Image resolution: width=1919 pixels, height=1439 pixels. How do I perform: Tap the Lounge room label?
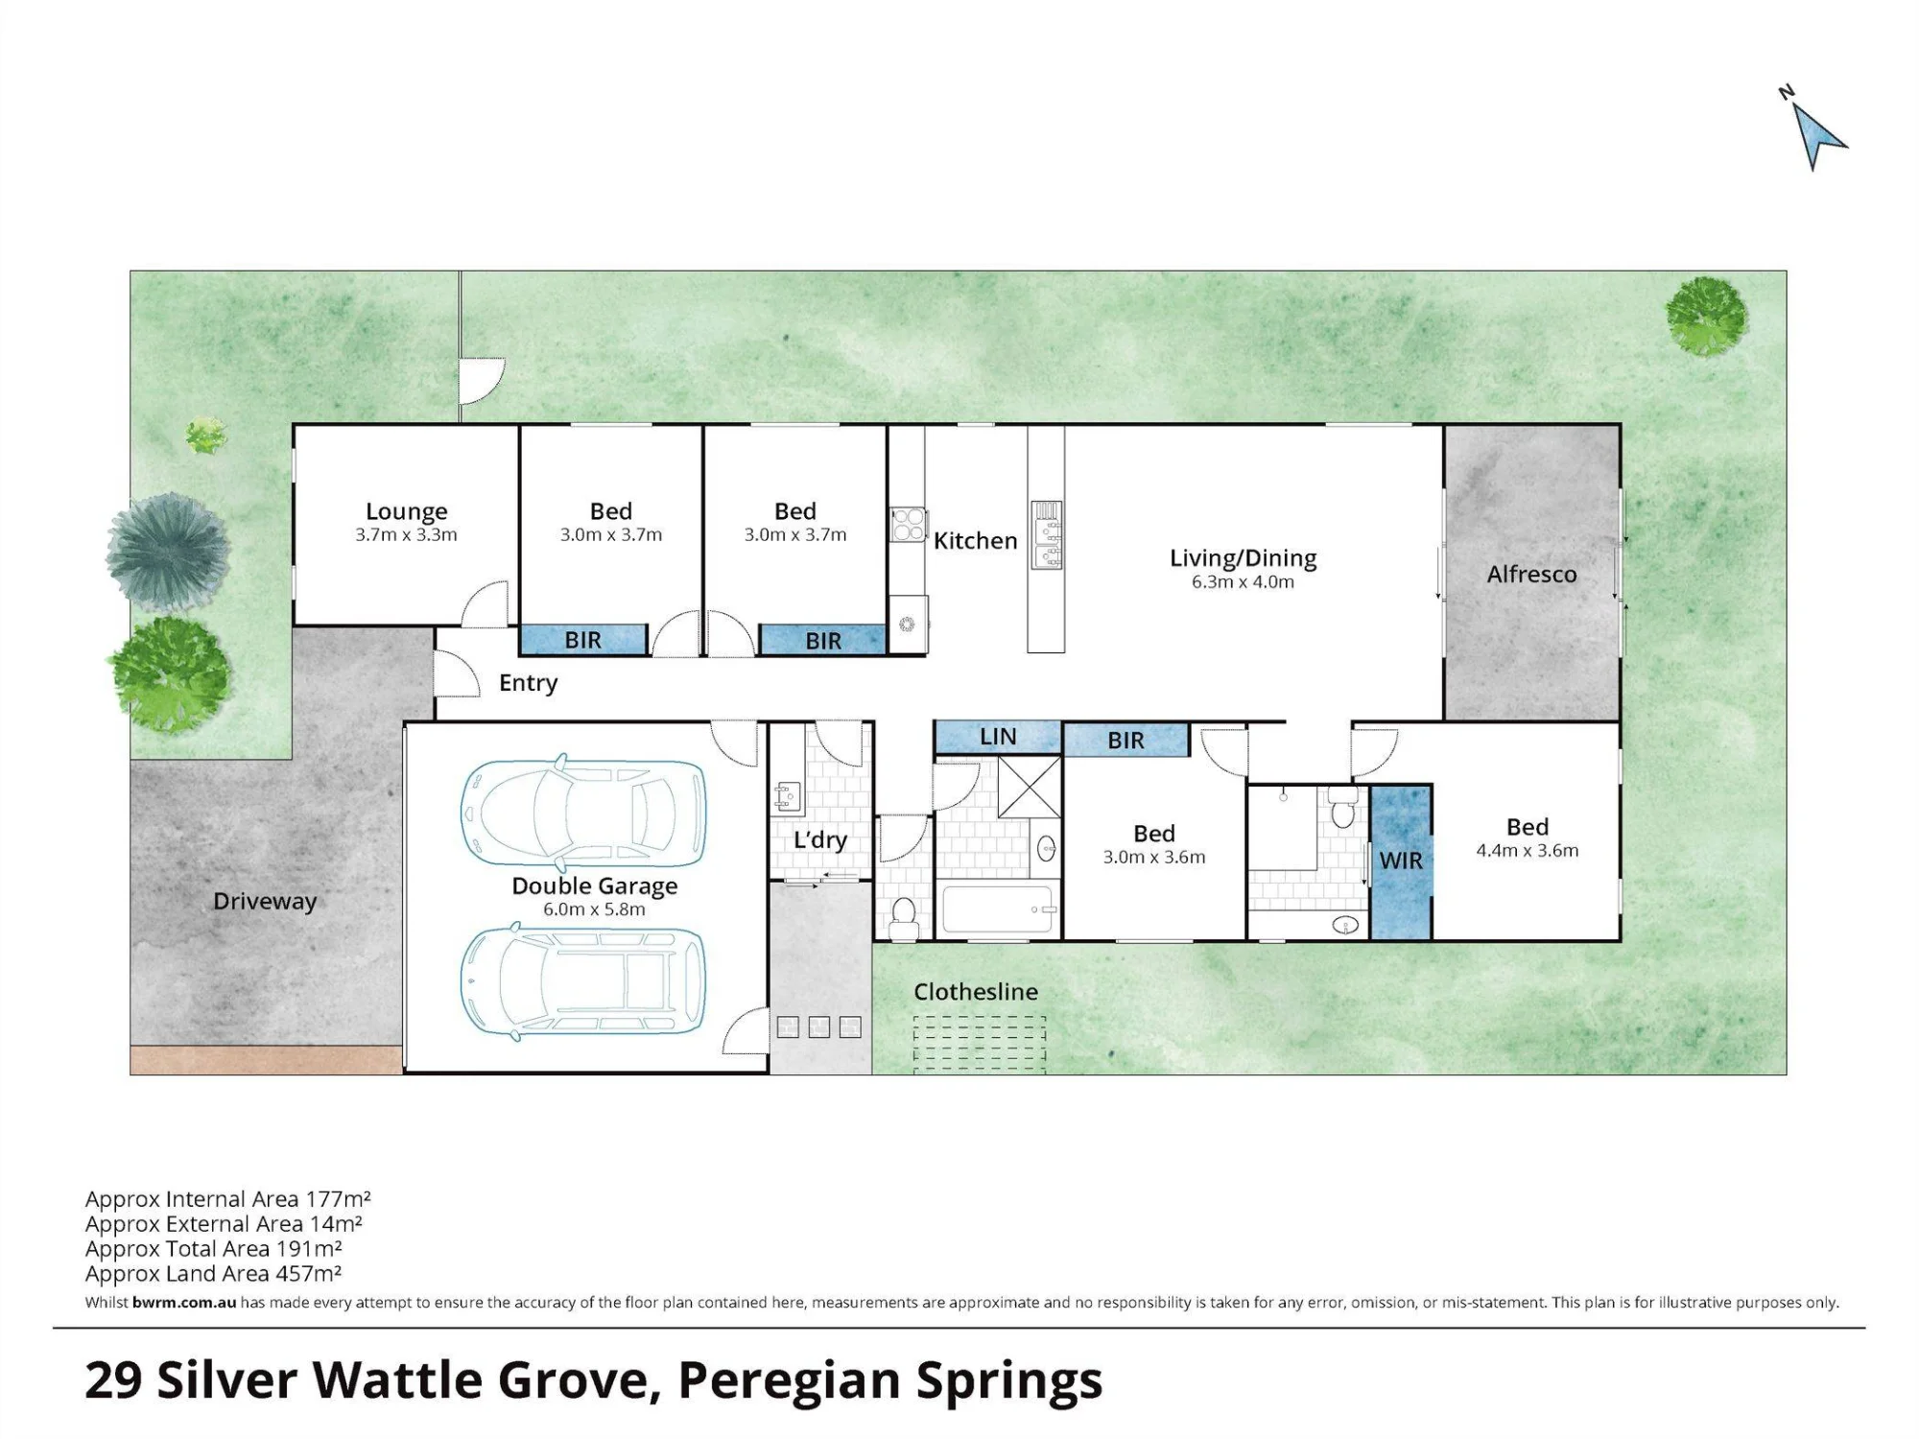tap(406, 512)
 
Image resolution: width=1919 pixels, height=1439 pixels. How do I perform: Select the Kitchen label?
tap(975, 541)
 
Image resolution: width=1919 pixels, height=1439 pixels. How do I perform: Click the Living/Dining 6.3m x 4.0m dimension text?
tap(1243, 582)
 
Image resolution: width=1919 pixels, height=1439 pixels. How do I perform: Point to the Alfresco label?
tap(1531, 575)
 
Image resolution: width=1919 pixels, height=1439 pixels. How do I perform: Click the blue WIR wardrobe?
tap(1401, 861)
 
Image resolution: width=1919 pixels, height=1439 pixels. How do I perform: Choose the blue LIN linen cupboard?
tap(998, 737)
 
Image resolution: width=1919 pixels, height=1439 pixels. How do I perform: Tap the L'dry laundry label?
tap(819, 840)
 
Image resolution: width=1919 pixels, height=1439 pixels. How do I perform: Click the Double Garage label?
tap(594, 885)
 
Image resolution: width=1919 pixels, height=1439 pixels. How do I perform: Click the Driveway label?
tap(265, 902)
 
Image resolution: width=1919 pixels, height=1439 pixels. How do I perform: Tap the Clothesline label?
tap(975, 992)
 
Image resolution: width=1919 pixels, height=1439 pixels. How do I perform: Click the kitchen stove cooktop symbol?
tap(908, 525)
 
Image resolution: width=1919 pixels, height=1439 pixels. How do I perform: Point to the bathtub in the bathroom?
tap(1000, 908)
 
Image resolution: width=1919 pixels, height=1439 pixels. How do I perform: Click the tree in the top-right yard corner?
tap(1706, 316)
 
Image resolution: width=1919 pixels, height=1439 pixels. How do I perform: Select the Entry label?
tap(528, 683)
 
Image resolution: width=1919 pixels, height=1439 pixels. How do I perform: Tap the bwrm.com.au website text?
tap(184, 1303)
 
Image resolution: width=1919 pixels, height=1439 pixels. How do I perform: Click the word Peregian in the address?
tap(790, 1382)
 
